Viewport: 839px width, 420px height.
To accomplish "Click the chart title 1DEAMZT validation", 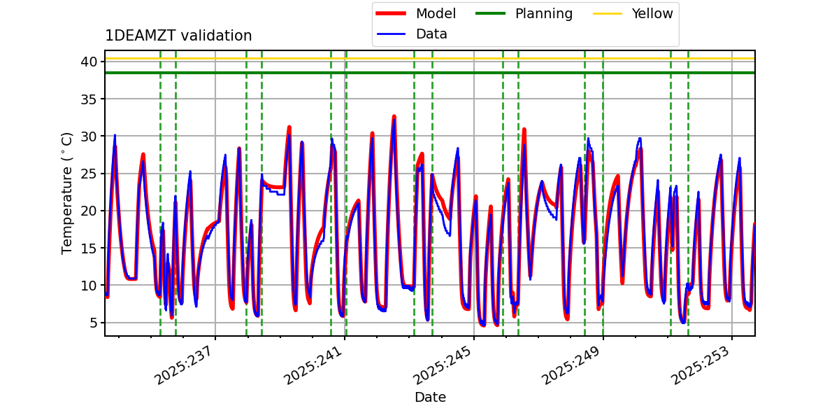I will [178, 36].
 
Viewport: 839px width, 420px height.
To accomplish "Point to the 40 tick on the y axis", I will [88, 62].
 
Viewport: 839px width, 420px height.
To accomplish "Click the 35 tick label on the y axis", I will [88, 99].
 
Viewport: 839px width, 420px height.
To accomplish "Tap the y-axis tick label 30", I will [88, 136].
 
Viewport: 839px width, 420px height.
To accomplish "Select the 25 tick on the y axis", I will [88, 174].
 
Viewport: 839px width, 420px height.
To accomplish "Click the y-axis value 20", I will [88, 211].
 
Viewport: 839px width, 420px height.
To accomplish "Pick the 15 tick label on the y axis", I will [88, 248].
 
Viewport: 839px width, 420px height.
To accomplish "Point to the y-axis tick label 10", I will [88, 285].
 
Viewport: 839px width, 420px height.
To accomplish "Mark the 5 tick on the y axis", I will [92, 323].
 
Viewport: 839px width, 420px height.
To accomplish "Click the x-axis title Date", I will [430, 398].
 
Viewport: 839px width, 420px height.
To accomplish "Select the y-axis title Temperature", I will [67, 192].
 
